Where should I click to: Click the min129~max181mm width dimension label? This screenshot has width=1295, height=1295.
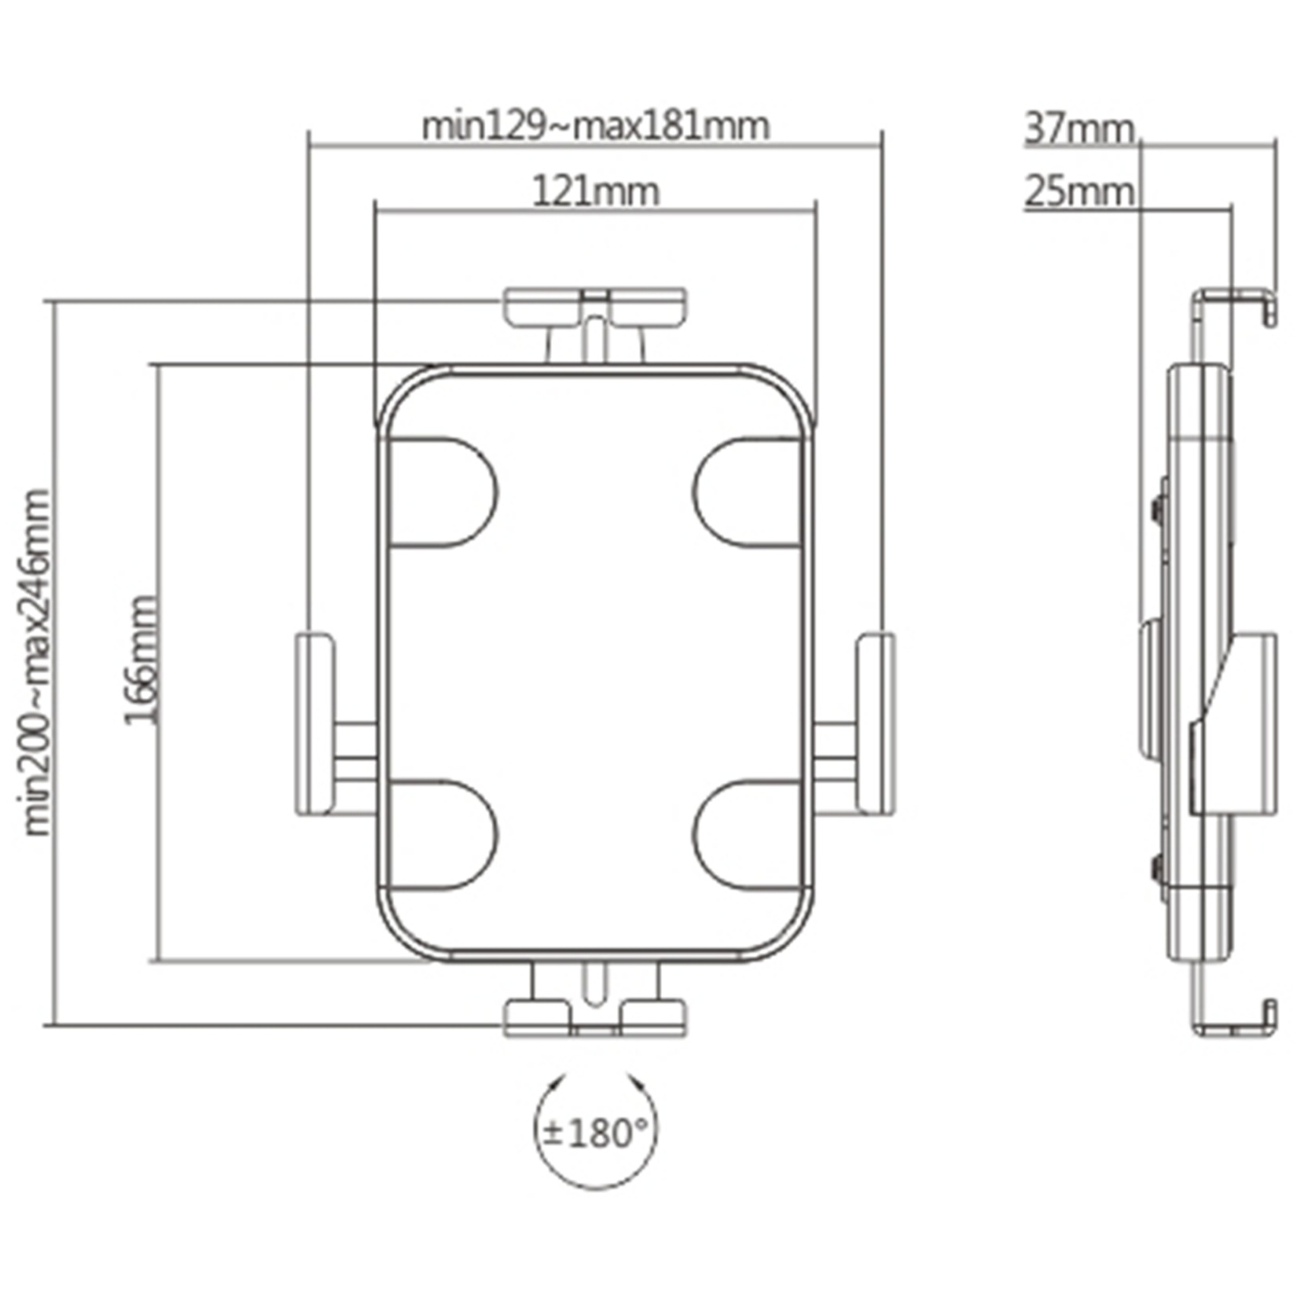[596, 126]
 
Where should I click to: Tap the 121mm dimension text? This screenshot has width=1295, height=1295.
[596, 192]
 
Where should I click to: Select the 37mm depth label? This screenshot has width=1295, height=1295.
[1079, 129]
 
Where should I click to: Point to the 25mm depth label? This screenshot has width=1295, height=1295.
[1079, 193]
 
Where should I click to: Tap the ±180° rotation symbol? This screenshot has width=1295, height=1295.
[596, 1133]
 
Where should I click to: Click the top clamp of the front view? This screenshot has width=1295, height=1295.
[596, 307]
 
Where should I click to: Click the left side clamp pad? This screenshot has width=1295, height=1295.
[313, 724]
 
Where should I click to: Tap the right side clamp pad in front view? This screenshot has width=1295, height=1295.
[876, 724]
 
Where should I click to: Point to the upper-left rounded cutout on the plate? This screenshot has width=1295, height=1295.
[442, 492]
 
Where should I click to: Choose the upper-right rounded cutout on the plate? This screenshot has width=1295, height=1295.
[748, 492]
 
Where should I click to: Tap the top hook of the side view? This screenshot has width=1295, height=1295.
[1235, 304]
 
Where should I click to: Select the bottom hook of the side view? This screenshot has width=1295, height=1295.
[1235, 1021]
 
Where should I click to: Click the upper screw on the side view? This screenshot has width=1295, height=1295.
[1157, 507]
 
